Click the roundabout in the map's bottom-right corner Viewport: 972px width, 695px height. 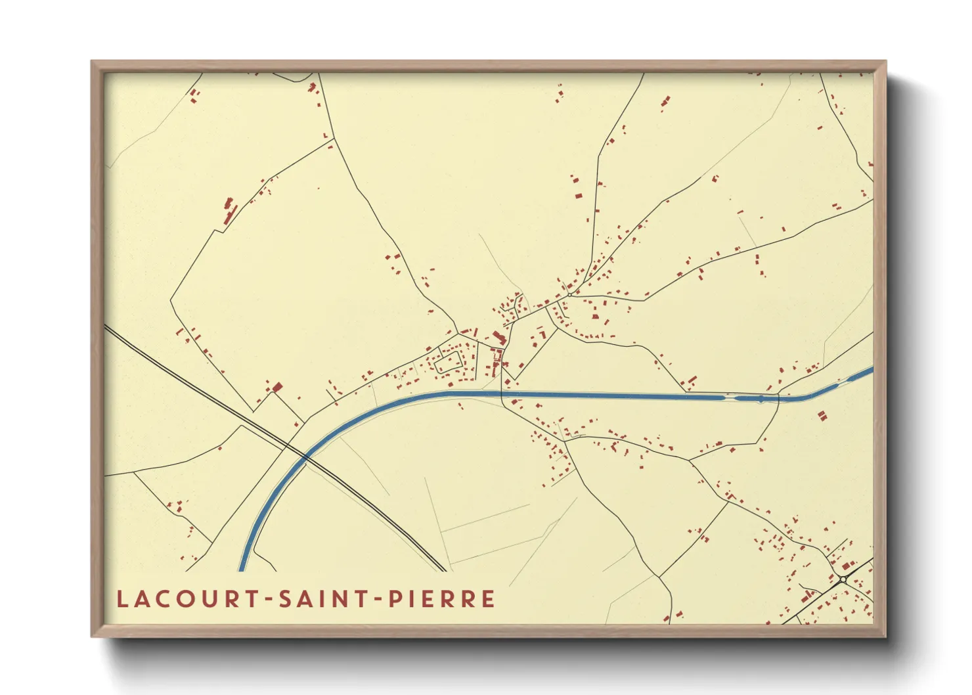pos(843,579)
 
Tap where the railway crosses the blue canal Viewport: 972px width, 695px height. pos(305,456)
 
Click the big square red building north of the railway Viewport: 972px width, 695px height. pos(278,388)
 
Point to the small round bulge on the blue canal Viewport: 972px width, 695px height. pos(761,399)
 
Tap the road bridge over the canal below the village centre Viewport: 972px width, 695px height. pos(502,394)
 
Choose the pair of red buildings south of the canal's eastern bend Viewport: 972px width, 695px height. pos(822,415)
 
